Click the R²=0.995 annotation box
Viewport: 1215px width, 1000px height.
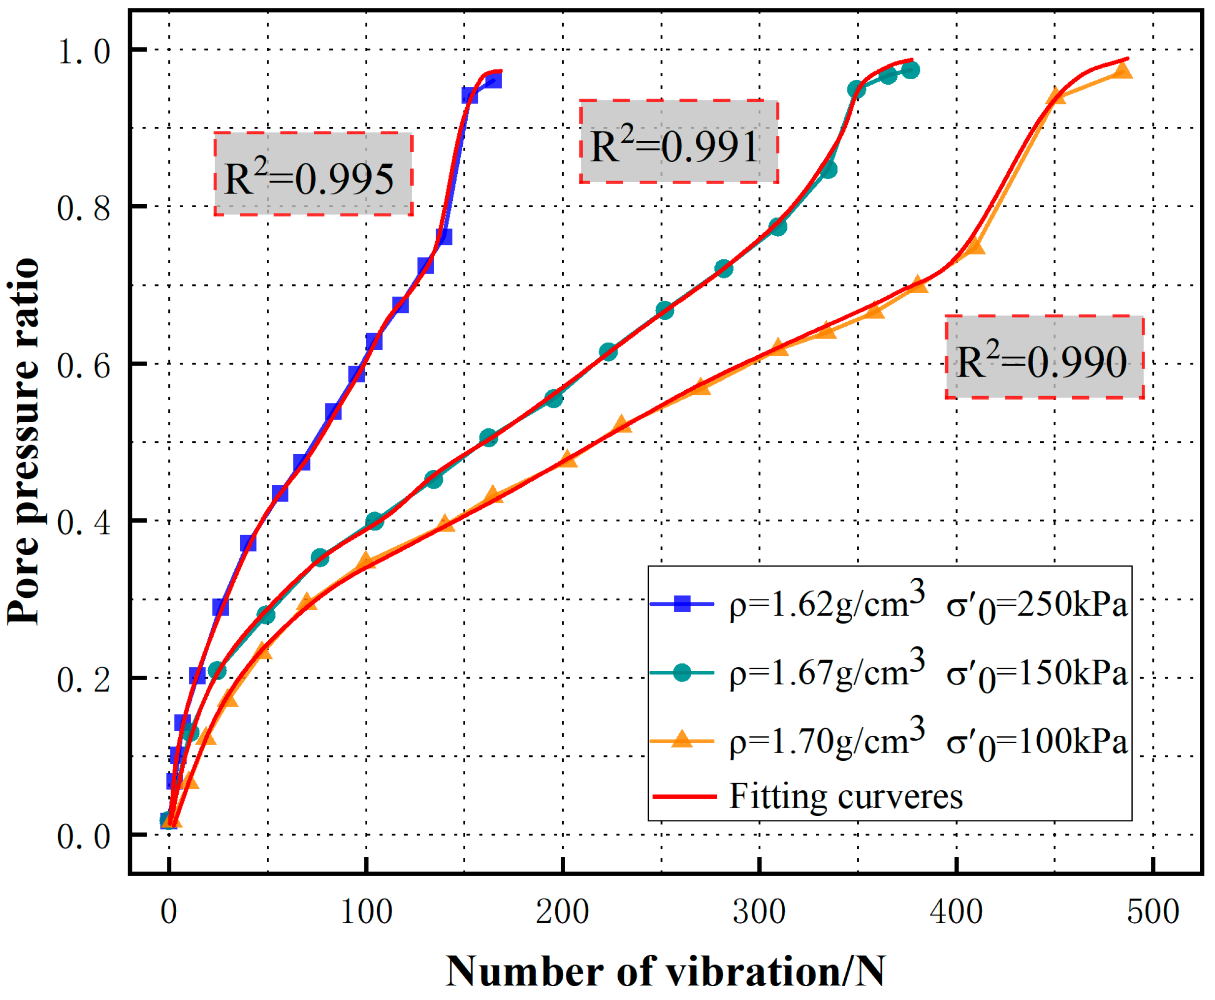[313, 174]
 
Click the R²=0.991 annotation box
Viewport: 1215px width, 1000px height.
[679, 142]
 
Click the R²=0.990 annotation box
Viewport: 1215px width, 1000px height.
[1044, 357]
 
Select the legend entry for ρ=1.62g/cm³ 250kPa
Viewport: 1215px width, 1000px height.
[927, 604]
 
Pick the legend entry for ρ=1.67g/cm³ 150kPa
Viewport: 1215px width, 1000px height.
[927, 673]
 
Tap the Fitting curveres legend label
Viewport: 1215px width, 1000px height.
[845, 797]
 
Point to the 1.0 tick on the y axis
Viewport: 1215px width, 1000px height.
[84, 51]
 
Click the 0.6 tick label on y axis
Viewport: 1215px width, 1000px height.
[84, 365]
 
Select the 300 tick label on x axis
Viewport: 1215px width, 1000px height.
[759, 912]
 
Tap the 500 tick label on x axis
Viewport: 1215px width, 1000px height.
[1153, 912]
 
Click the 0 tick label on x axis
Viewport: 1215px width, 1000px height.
[169, 912]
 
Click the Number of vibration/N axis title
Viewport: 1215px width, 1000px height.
[666, 971]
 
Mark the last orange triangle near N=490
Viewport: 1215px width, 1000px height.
[1123, 71]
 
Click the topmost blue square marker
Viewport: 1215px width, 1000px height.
[493, 80]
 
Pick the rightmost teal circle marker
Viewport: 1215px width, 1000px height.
[910, 70]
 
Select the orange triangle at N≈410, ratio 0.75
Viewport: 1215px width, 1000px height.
[975, 247]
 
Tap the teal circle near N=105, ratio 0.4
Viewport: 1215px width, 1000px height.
[375, 521]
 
